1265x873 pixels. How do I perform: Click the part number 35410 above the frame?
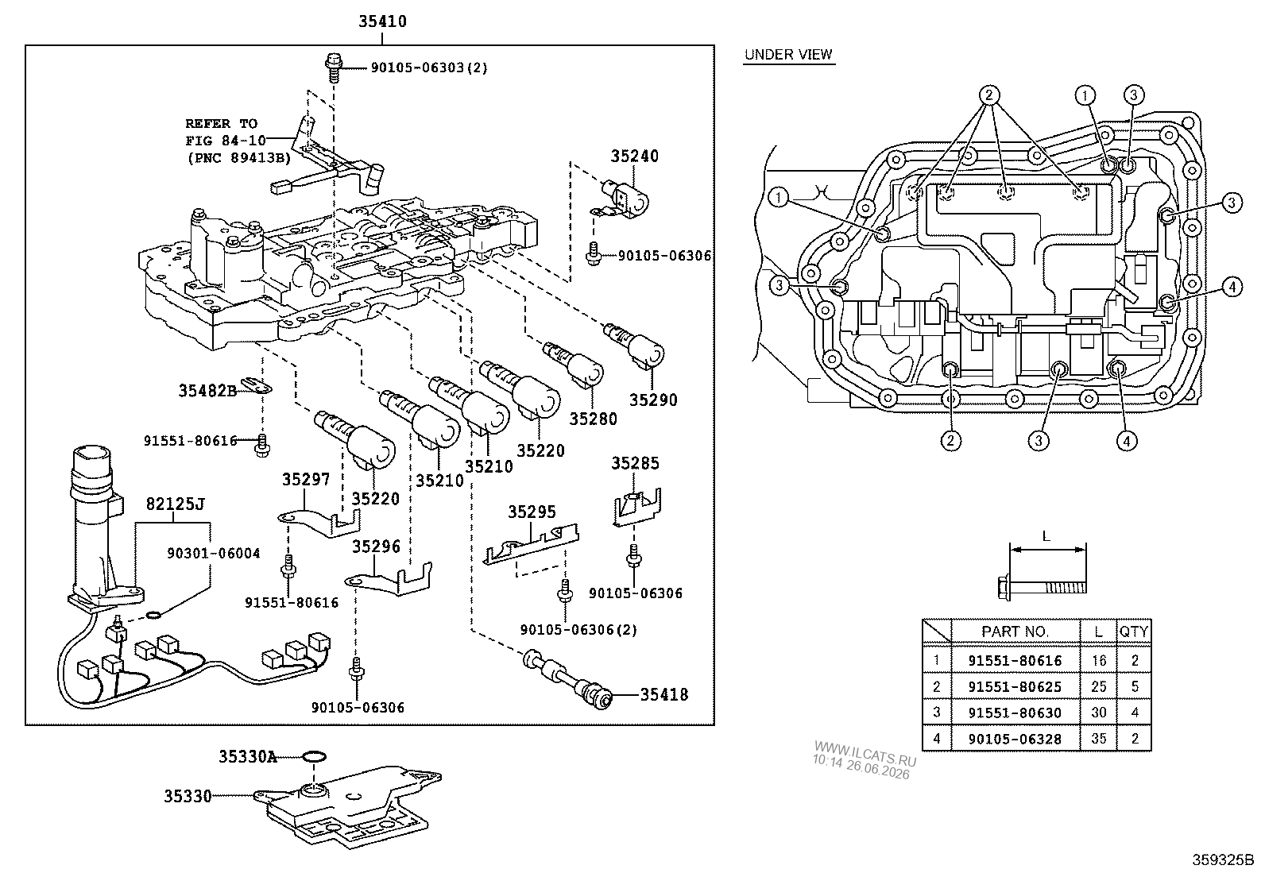coord(382,21)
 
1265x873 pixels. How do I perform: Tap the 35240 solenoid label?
coord(634,156)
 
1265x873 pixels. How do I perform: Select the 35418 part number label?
coord(664,694)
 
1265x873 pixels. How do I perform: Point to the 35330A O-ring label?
coord(248,757)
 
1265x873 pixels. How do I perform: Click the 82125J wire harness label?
coord(175,504)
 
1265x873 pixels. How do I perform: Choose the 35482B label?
coord(208,390)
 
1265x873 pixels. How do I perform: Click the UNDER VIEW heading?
coord(788,55)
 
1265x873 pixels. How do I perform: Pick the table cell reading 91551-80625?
coord(1015,686)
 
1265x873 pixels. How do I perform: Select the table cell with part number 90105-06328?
coord(1015,739)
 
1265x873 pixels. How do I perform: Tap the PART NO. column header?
coord(1015,632)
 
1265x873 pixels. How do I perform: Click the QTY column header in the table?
coord(1134,632)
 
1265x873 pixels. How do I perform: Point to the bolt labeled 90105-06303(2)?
coord(335,68)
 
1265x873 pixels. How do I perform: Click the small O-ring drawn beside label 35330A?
coord(314,757)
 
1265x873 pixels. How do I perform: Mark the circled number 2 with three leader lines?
coord(988,95)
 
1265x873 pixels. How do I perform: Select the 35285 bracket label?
coord(636,464)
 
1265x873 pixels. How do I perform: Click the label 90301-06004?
coord(214,554)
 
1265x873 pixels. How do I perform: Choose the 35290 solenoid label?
coord(653,400)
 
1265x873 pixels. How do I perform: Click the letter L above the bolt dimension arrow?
coord(1046,536)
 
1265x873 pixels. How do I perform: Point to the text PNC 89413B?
coord(239,158)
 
